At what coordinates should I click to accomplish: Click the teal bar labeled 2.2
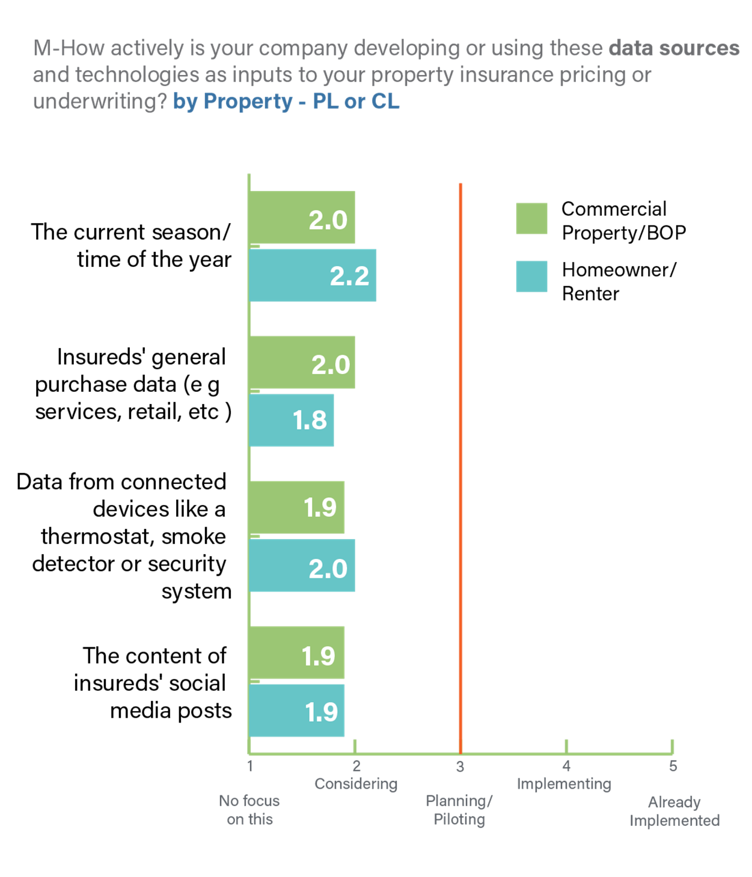pos(313,275)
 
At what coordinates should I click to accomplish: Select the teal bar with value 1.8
pos(292,420)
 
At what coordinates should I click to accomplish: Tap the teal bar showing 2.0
pos(302,566)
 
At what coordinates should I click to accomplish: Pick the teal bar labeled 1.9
pos(297,710)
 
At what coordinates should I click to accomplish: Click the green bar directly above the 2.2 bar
pos(302,218)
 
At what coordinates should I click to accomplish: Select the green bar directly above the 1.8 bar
pos(302,362)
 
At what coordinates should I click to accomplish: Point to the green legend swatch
pos(531,218)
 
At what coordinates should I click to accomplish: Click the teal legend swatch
pos(531,277)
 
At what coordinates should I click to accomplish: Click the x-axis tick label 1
pos(250,766)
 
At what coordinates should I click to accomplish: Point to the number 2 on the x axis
pos(356,766)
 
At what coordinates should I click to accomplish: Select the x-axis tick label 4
pos(566,766)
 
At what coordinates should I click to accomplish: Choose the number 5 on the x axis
pos(673,766)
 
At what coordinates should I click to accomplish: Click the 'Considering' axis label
pos(356,784)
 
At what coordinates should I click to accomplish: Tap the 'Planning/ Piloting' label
pos(459,810)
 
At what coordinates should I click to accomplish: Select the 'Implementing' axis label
pos(564,784)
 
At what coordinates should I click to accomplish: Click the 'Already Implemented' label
pos(674,811)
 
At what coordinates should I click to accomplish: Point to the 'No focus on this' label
pos(249,810)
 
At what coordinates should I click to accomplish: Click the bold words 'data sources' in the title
pos(674,48)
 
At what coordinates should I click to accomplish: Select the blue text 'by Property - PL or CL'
pos(286,101)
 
